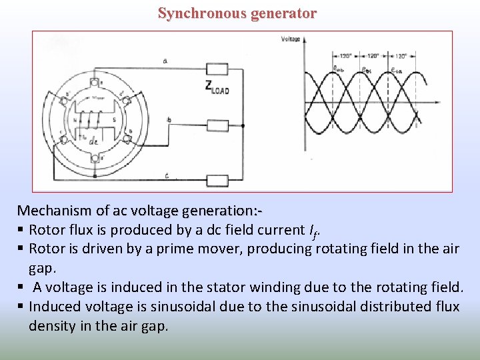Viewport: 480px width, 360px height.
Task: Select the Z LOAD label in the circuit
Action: pyautogui.click(x=217, y=87)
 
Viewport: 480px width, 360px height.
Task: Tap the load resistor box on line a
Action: pyautogui.click(x=217, y=68)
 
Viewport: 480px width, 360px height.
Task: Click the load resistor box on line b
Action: pyautogui.click(x=217, y=125)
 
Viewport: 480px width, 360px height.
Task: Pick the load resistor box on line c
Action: pyautogui.click(x=217, y=180)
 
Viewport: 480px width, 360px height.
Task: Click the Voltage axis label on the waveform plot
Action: pyautogui.click(x=291, y=39)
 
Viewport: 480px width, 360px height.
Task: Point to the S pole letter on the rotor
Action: pyautogui.click(x=113, y=120)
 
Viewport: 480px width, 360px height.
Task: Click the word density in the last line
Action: pyautogui.click(x=50, y=326)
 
